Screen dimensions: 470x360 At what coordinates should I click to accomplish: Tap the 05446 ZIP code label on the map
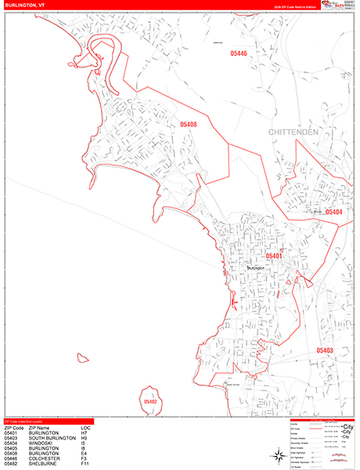[239, 53]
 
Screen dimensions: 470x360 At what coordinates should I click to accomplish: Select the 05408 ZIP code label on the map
[189, 125]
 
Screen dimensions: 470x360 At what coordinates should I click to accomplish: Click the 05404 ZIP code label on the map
[333, 212]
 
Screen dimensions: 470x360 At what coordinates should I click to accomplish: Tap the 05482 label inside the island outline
[151, 402]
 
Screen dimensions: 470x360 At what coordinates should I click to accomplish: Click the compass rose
[279, 455]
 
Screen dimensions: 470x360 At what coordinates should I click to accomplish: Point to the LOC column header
[85, 427]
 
